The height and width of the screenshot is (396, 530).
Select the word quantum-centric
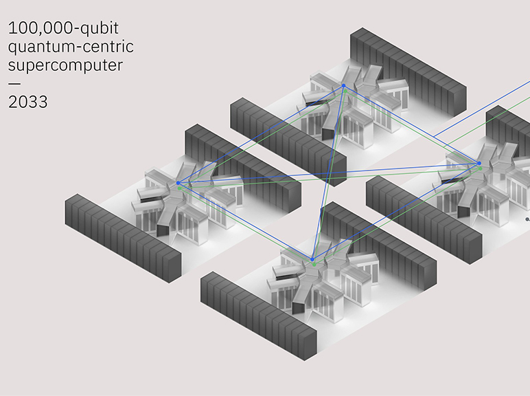click(x=71, y=48)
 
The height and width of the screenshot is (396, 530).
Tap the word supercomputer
click(x=65, y=66)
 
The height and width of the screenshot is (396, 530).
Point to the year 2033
click(x=28, y=102)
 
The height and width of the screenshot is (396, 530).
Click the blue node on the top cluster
click(x=343, y=85)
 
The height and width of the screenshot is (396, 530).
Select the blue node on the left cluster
click(x=178, y=183)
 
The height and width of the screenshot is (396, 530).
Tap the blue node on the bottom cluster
click(x=314, y=259)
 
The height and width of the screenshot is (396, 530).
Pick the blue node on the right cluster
click(x=479, y=162)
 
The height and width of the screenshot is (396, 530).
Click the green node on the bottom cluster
click(x=314, y=265)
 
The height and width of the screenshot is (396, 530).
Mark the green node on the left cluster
click(x=180, y=188)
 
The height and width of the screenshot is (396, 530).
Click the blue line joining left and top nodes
click(x=261, y=134)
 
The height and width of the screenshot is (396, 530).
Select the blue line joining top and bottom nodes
click(x=329, y=172)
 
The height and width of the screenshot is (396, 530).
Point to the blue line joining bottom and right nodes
click(x=397, y=210)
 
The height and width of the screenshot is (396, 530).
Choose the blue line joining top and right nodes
click(x=411, y=124)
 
